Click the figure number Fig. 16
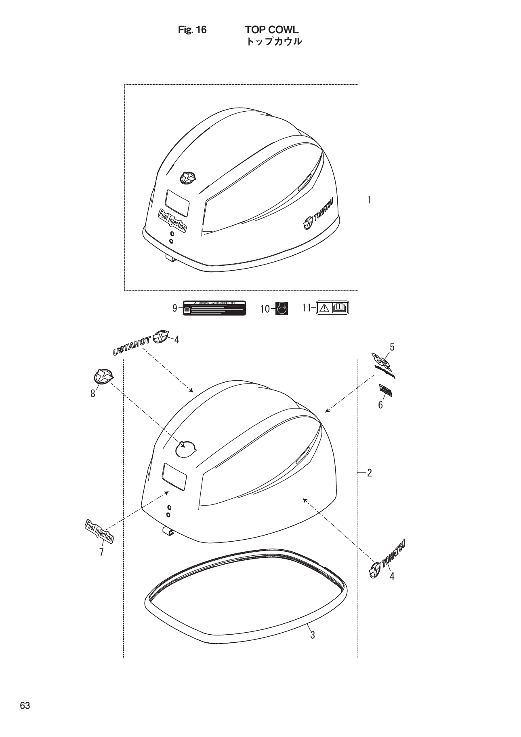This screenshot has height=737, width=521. [192, 30]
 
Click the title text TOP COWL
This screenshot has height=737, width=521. [271, 30]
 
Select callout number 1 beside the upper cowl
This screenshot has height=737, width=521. [369, 199]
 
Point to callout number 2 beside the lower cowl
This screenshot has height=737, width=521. [369, 472]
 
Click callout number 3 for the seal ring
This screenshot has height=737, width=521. [312, 635]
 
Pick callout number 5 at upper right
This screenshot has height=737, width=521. [392, 347]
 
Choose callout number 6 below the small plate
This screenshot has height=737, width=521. [380, 405]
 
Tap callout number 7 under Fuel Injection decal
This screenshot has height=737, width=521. [101, 551]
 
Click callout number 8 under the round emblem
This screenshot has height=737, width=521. [93, 394]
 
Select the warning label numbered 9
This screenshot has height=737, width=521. [214, 308]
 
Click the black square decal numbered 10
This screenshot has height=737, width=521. [282, 309]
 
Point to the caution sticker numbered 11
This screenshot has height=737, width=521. [332, 308]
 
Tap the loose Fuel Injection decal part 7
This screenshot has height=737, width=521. [99, 531]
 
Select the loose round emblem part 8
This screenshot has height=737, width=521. [103, 377]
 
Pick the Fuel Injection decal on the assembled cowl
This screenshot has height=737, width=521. [172, 220]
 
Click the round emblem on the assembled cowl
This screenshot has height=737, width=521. [187, 178]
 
